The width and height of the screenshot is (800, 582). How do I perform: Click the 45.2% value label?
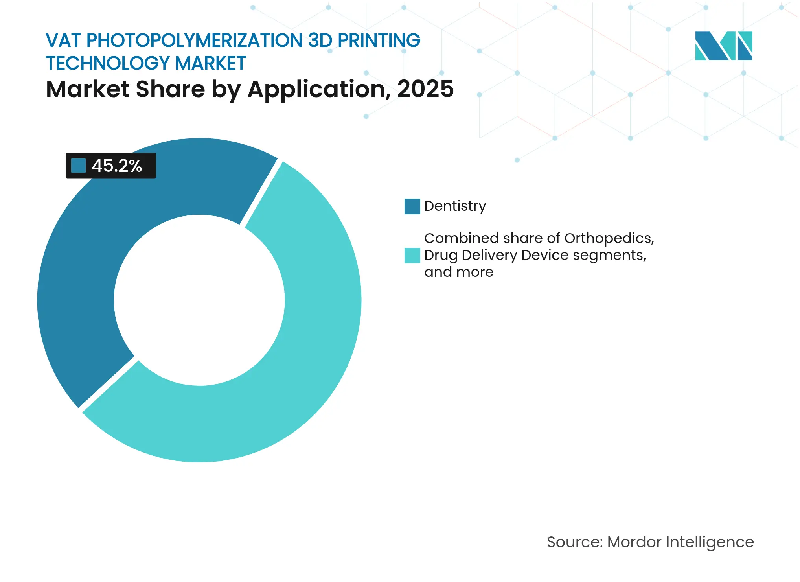point(117,166)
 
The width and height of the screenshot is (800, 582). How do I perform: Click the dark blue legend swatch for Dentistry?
point(412,206)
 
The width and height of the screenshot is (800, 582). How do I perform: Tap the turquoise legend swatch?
point(412,256)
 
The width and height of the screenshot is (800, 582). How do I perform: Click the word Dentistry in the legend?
point(455,206)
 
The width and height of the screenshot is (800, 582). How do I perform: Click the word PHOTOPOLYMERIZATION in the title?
point(195,41)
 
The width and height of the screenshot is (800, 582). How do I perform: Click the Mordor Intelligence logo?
point(723,46)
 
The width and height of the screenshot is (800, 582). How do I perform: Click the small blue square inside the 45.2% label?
point(78,166)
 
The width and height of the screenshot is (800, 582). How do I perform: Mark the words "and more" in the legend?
point(458,272)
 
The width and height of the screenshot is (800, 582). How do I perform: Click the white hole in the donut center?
point(199,300)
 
